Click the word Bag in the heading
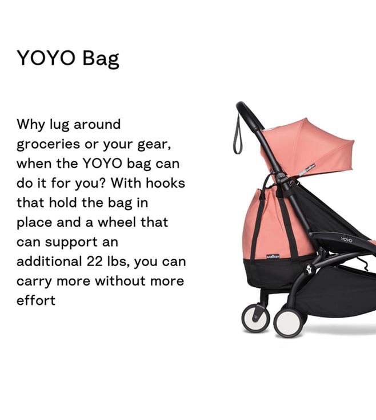tap(101, 59)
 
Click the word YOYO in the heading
tap(46, 58)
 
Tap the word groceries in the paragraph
tap(48, 145)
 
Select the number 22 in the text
tap(95, 261)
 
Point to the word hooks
tap(165, 183)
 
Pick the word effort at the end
tap(36, 300)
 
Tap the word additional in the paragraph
tap(49, 261)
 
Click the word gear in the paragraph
tap(154, 145)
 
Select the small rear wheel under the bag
tap(255, 318)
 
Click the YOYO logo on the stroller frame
tap(347, 239)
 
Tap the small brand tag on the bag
tap(273, 257)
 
